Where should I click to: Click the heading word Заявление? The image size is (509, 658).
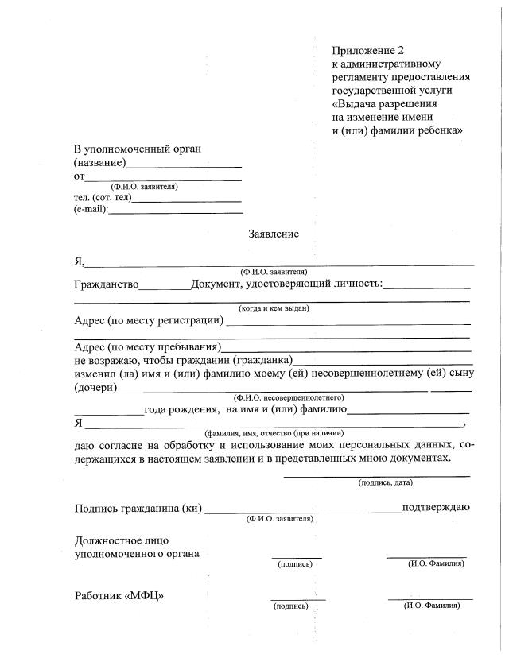(x=274, y=234)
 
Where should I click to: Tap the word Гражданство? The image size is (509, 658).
(x=107, y=284)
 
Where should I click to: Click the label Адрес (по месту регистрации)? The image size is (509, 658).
(x=149, y=321)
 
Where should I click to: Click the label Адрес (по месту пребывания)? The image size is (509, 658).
(x=147, y=347)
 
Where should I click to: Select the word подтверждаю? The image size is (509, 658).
(x=437, y=507)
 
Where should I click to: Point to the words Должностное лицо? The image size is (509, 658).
(x=121, y=540)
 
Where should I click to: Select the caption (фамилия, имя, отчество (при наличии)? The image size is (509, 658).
(x=271, y=433)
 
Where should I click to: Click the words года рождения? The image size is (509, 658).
(x=182, y=409)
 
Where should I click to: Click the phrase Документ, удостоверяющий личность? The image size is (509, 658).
(x=286, y=284)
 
